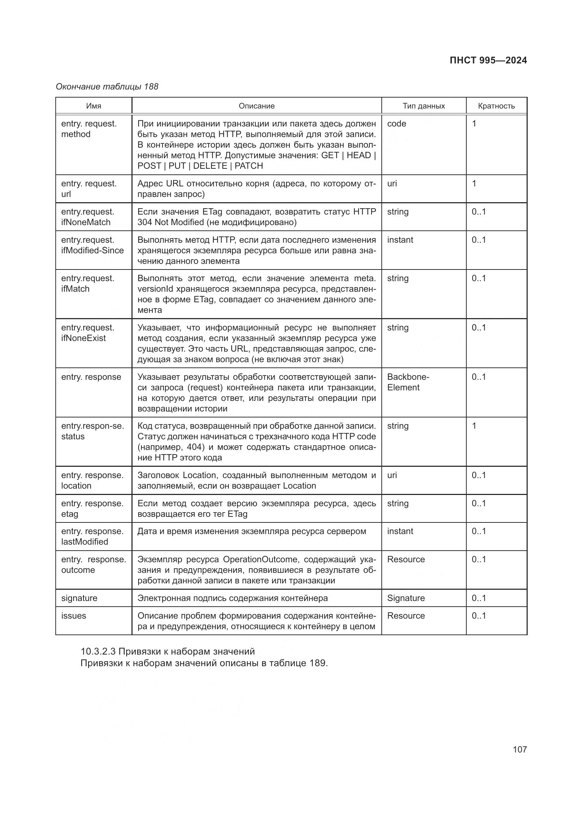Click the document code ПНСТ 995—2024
click(488, 60)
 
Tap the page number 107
click(520, 749)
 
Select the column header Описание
click(256, 106)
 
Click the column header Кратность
click(496, 106)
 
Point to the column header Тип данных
click(424, 106)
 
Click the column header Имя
click(94, 106)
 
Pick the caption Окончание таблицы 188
click(107, 87)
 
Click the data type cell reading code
click(397, 123)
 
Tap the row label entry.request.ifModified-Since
click(92, 245)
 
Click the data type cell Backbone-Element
click(408, 382)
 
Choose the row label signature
click(79, 598)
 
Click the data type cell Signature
click(406, 598)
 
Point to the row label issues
click(74, 615)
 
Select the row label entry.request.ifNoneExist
click(88, 333)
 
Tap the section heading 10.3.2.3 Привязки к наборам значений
click(168, 651)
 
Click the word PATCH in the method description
click(249, 166)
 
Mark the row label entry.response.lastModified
click(92, 537)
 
